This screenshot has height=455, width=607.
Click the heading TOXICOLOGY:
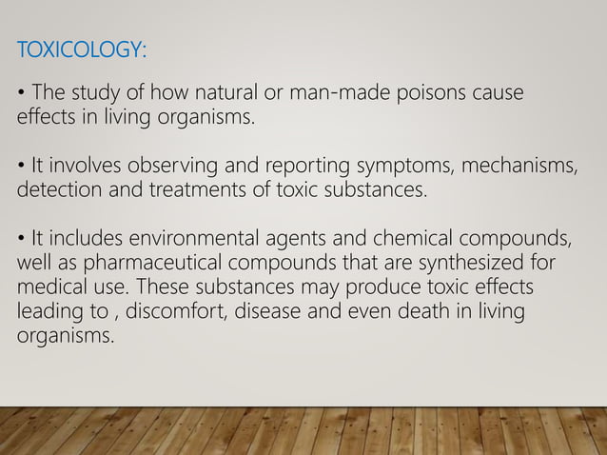[x=81, y=49]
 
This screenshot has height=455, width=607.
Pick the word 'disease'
[x=264, y=310]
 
